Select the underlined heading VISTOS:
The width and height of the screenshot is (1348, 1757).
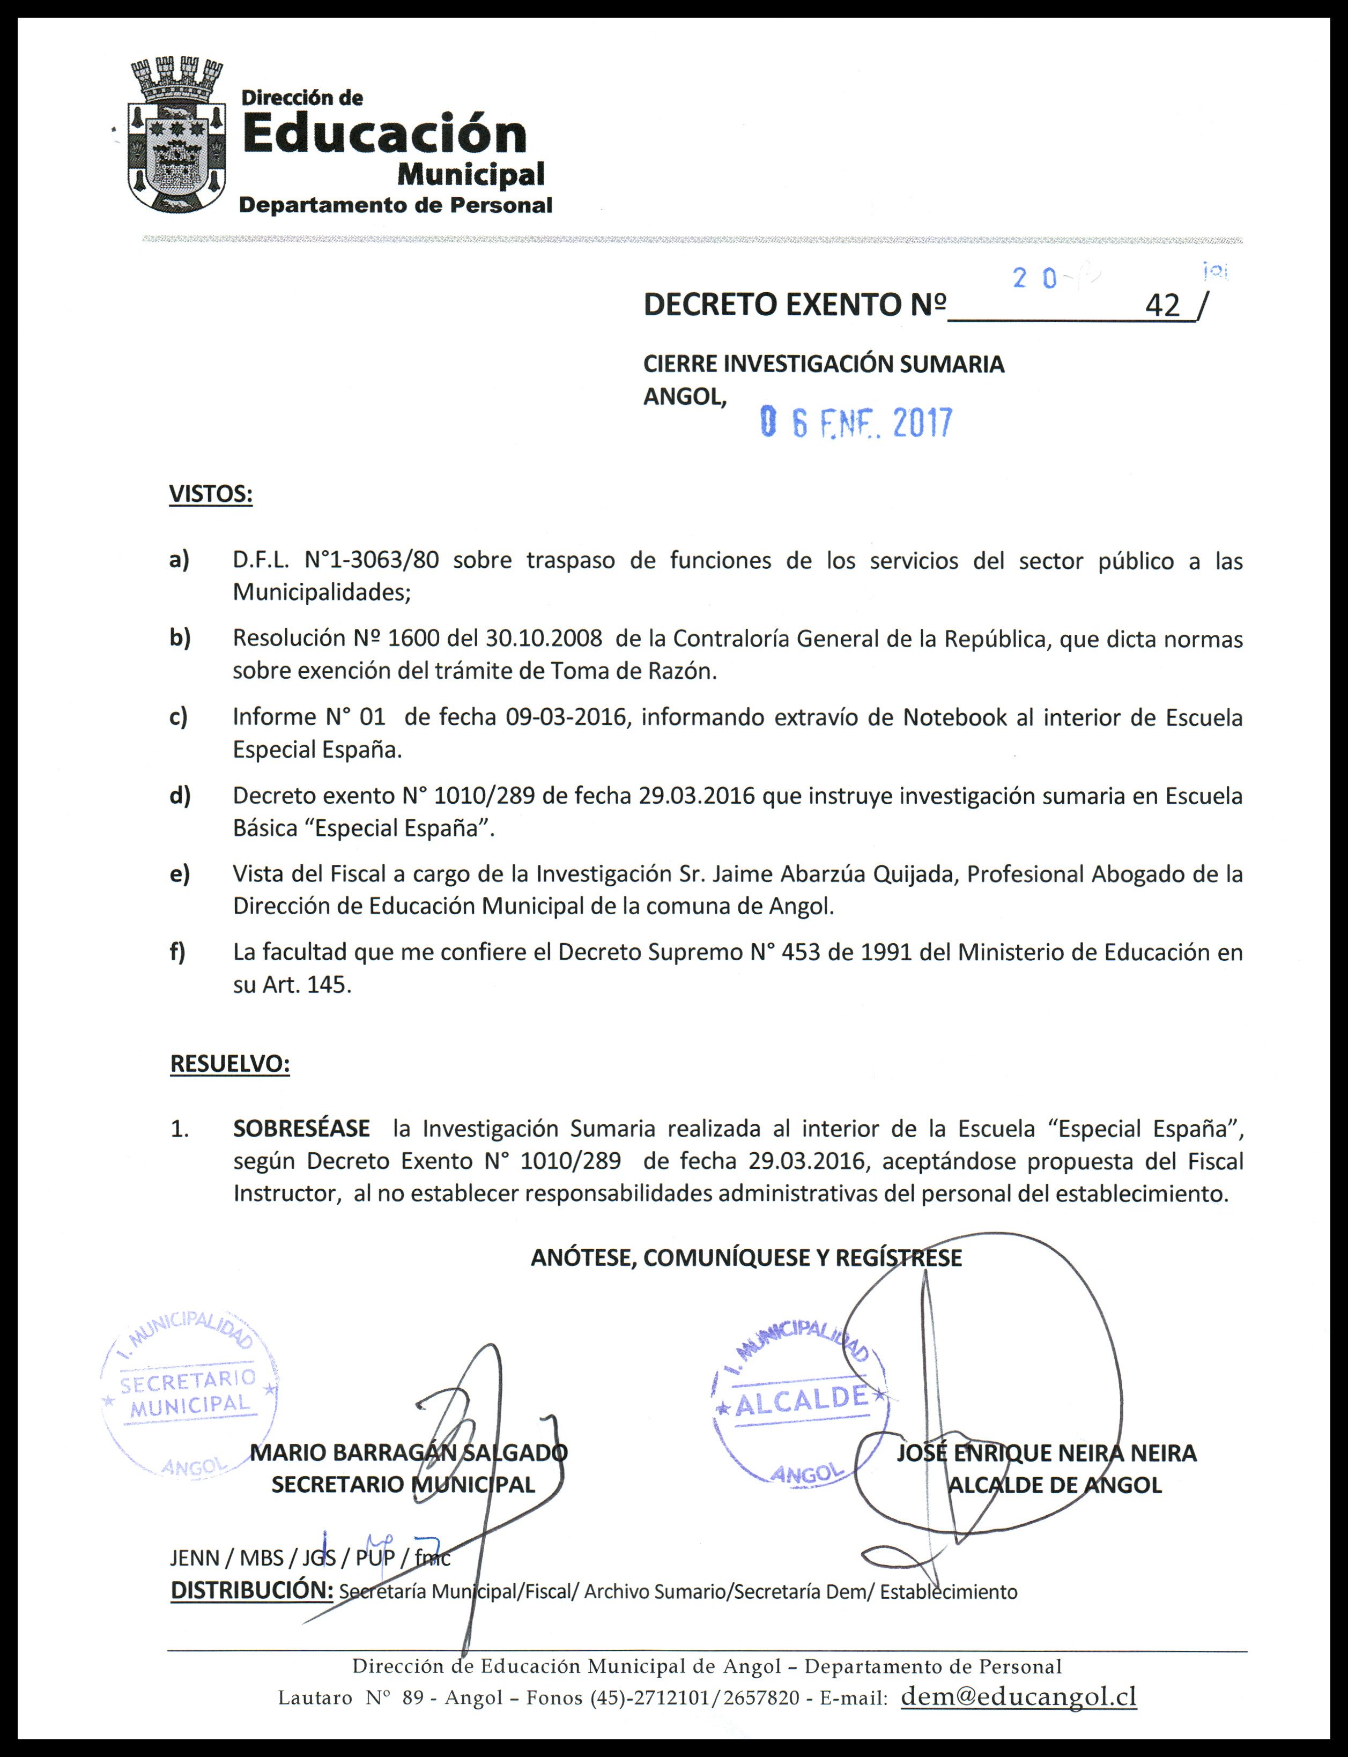pos(210,494)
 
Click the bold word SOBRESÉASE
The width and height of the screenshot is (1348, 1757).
pos(302,1129)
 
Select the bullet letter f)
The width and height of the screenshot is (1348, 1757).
pos(177,952)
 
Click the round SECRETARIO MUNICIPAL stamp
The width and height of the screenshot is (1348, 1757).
pos(189,1398)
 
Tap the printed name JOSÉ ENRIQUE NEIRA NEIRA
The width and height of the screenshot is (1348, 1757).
pos(1046,1453)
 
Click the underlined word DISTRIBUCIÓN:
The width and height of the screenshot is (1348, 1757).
pos(251,1590)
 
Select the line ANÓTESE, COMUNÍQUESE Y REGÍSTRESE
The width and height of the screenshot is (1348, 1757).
pos(746,1257)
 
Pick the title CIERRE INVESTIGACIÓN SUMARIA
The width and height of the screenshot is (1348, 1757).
pos(823,364)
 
